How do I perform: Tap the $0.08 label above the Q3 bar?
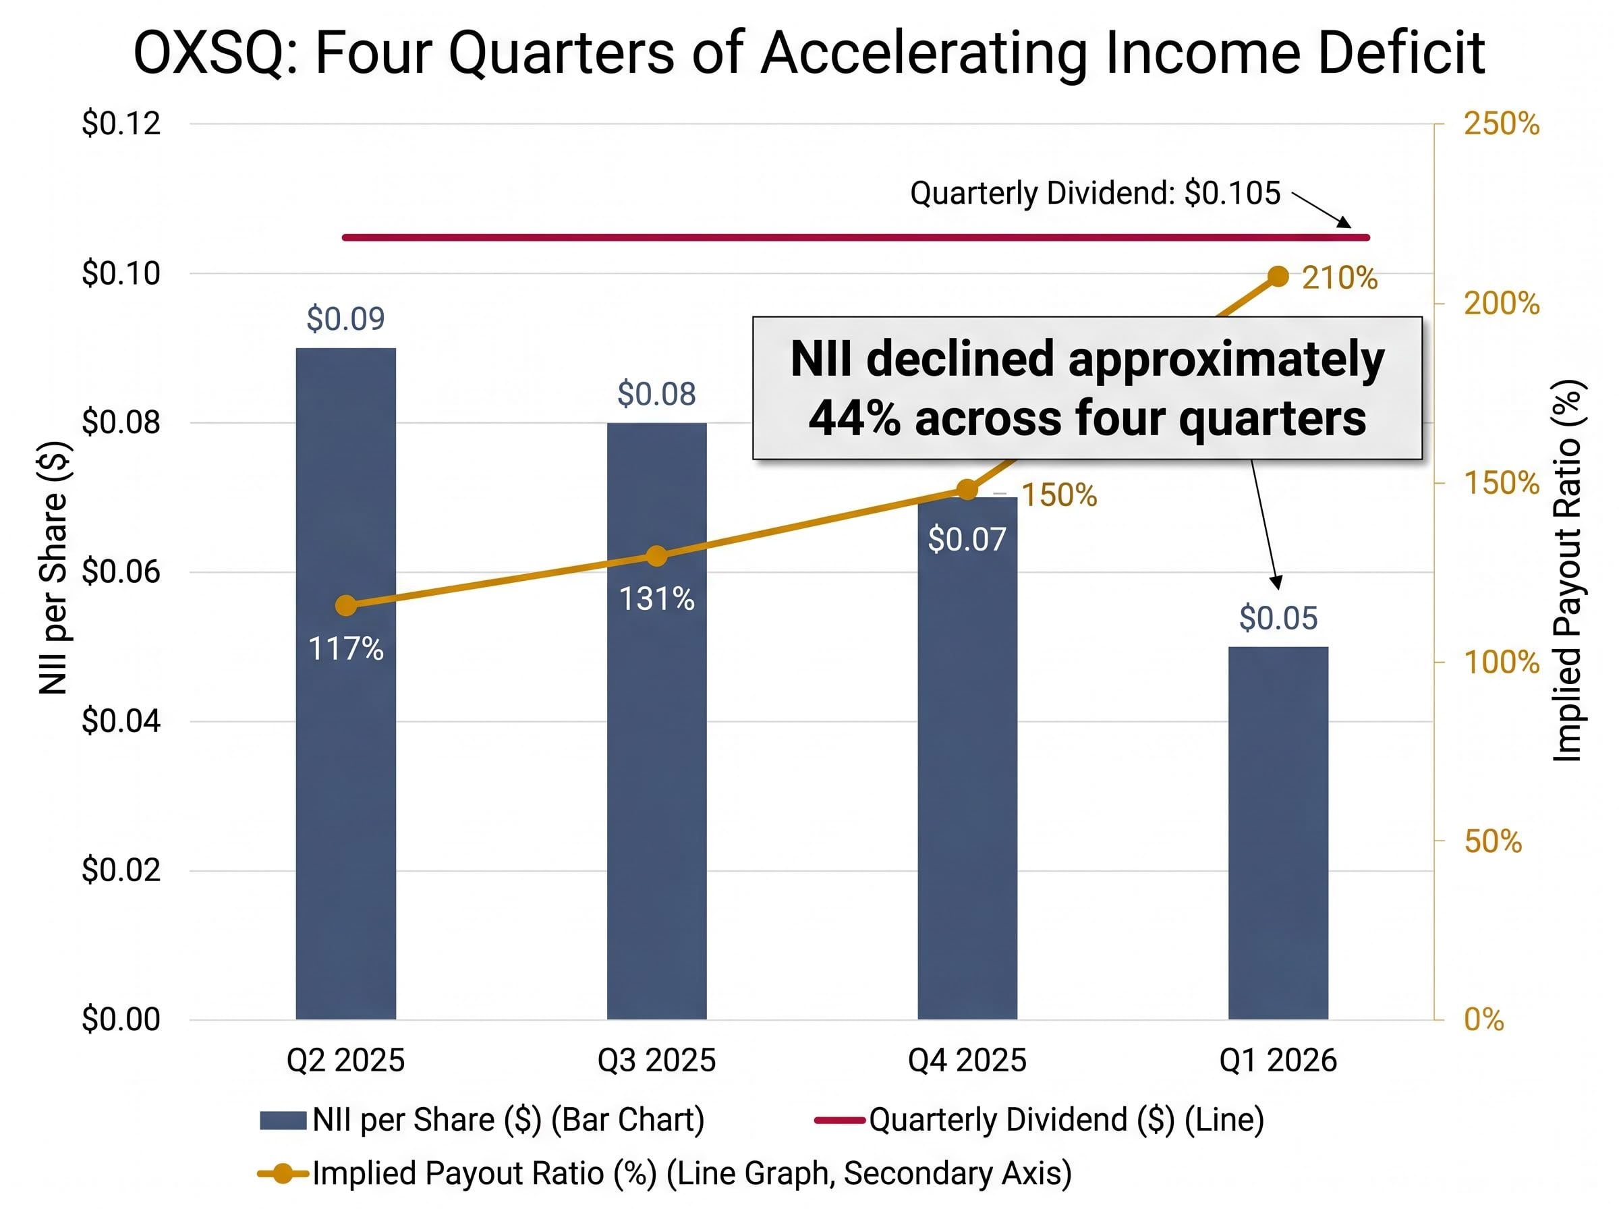point(656,395)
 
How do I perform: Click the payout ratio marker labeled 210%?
point(1278,277)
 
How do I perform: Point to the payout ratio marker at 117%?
point(345,605)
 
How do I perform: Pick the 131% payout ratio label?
point(656,599)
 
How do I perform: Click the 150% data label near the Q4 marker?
point(1058,495)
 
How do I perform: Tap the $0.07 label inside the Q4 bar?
point(967,539)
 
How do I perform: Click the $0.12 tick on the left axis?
point(121,123)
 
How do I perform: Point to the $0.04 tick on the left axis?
point(121,721)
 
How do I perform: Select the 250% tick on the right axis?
point(1501,123)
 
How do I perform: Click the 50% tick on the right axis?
point(1492,841)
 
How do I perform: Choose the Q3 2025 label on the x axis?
point(656,1060)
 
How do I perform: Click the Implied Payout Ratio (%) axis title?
point(1567,571)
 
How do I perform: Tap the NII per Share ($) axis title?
point(53,568)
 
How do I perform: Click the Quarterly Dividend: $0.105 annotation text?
point(1094,193)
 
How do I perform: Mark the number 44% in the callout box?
point(853,418)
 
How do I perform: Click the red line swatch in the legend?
point(839,1120)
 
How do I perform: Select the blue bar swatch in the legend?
point(283,1121)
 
